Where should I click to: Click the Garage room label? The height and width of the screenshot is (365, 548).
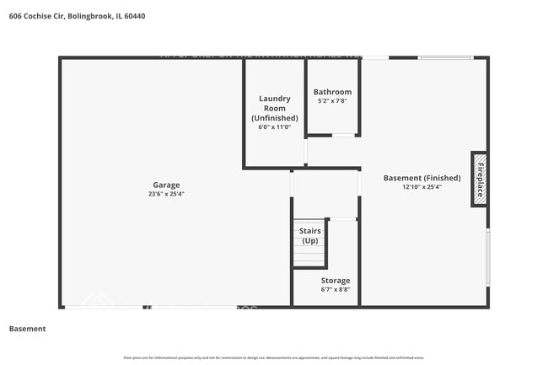[165, 185]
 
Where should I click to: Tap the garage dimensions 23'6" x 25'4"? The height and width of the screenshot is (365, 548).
[165, 194]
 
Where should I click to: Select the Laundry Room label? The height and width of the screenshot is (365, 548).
[274, 104]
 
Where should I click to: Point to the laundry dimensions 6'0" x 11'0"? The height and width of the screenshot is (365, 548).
[274, 127]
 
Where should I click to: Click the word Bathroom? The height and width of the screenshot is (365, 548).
[332, 92]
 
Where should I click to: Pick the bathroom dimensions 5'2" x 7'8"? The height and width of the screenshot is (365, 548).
[332, 101]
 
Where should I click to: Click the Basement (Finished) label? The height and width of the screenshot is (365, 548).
[422, 178]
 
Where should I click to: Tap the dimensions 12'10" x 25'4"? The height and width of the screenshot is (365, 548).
[422, 187]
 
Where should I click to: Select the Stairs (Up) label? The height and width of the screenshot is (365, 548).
[309, 235]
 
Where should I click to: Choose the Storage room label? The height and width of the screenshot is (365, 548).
[335, 280]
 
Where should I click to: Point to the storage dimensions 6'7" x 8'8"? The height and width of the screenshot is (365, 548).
[335, 289]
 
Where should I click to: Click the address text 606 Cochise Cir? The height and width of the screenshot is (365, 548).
[36, 15]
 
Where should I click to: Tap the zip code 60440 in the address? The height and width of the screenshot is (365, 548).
[144, 15]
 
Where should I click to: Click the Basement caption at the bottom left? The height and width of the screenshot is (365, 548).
[27, 328]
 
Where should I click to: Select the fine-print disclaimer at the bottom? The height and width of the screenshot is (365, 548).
[274, 357]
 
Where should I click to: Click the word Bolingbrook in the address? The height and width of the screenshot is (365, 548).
[94, 15]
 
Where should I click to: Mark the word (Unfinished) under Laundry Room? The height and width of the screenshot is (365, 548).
[274, 118]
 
